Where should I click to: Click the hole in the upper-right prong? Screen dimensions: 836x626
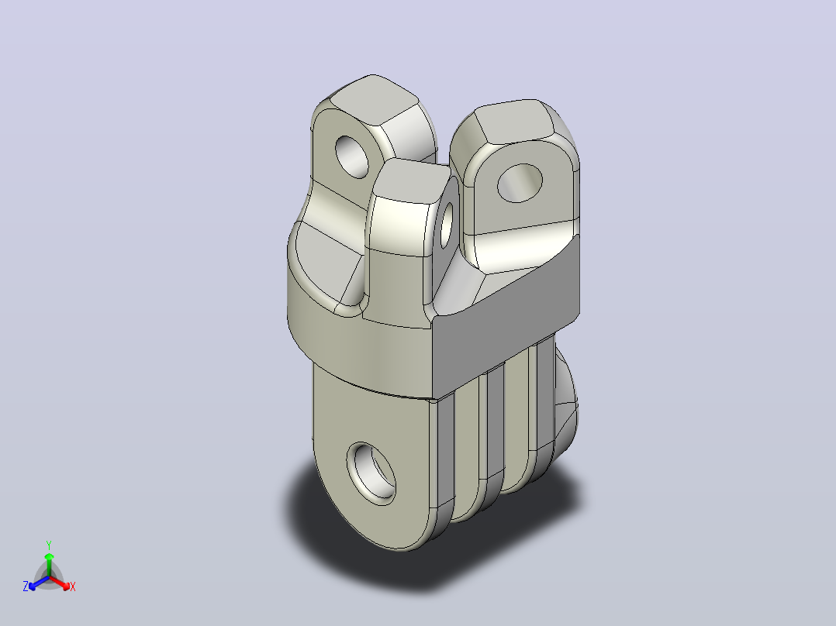click(x=520, y=184)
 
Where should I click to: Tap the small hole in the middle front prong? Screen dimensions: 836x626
click(x=447, y=225)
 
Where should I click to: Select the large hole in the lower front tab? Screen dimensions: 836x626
click(x=371, y=473)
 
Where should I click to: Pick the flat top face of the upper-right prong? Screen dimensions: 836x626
click(x=512, y=122)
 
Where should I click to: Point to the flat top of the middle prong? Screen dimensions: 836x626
click(x=412, y=181)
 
